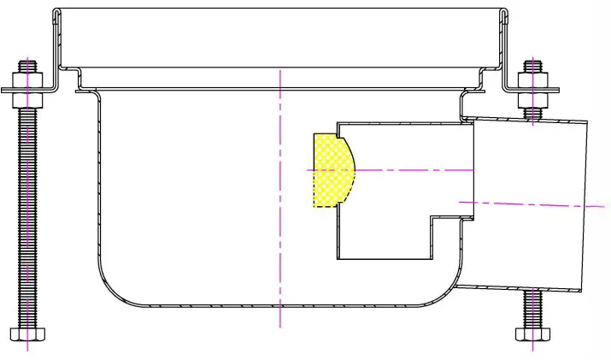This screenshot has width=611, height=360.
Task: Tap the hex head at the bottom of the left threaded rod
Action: click(x=26, y=333)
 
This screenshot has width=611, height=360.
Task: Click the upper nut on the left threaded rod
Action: click(x=26, y=80)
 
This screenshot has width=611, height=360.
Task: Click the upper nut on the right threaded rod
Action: click(x=533, y=80)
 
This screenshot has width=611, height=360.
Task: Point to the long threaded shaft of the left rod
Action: click(x=26, y=214)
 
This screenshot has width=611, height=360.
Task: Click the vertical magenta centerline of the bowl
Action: click(x=280, y=214)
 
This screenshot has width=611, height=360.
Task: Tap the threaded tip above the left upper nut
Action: click(x=26, y=65)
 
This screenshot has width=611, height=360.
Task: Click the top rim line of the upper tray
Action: click(x=280, y=10)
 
